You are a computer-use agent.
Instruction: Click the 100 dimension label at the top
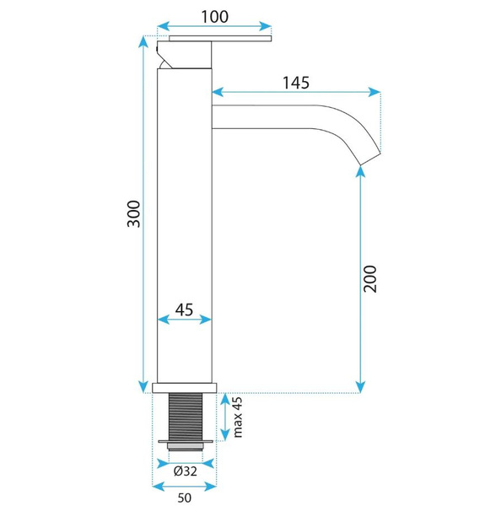pyautogui.click(x=214, y=17)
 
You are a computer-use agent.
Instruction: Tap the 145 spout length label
pyautogui.click(x=296, y=83)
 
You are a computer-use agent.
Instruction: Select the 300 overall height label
pyautogui.click(x=134, y=214)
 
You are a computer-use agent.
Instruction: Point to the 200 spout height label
pyautogui.click(x=369, y=279)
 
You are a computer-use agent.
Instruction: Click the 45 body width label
pyautogui.click(x=184, y=310)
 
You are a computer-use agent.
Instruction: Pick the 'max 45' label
pyautogui.click(x=238, y=417)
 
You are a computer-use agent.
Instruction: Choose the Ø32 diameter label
pyautogui.click(x=186, y=471)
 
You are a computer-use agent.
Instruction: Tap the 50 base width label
pyautogui.click(x=184, y=498)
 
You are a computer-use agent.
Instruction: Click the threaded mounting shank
pyautogui.click(x=186, y=417)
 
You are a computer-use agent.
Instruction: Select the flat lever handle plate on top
pyautogui.click(x=220, y=39)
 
